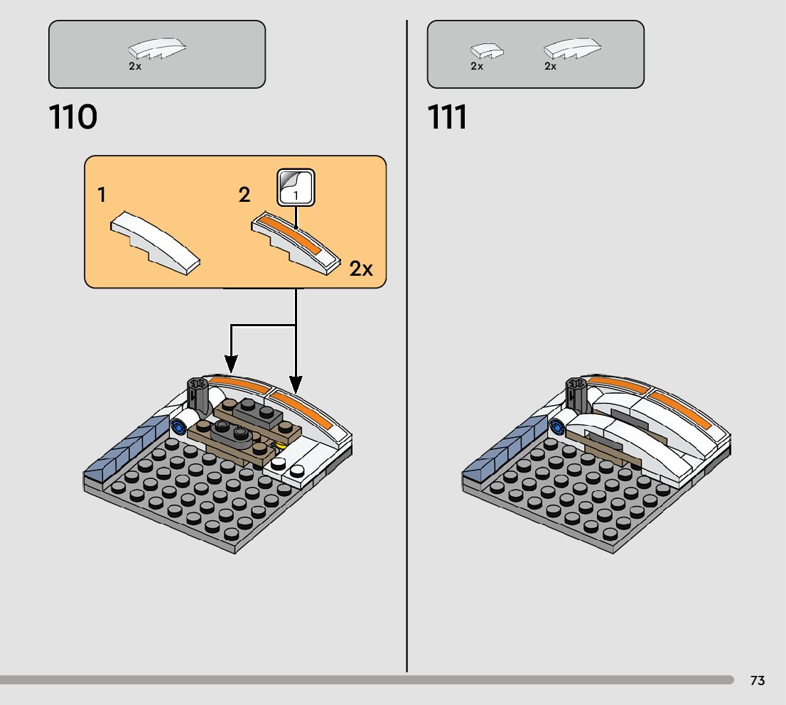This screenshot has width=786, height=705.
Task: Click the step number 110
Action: pos(73,117)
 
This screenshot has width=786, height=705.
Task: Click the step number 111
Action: pos(448,117)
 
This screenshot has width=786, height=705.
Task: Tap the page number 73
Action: pos(758,681)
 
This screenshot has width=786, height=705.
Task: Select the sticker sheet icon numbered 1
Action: pos(294,187)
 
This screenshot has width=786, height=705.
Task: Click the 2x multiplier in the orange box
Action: pos(361,269)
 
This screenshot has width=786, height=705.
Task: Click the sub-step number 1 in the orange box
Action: pos(102,195)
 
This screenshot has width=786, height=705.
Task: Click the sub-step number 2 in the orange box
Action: pos(244,195)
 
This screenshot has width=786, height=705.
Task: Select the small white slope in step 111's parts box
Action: pos(487,50)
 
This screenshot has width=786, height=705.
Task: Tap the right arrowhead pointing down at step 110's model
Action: pos(296,384)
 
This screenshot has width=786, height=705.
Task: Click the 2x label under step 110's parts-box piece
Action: pos(135,66)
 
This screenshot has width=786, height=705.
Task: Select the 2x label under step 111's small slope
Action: pos(477,66)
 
